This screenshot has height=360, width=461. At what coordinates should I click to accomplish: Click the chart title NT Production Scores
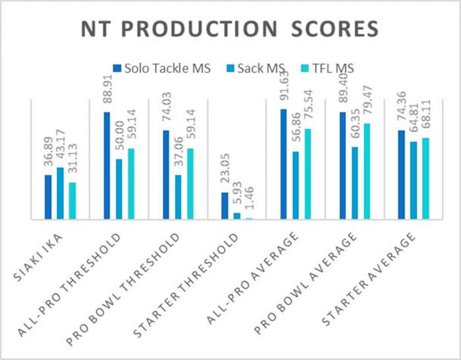(x=230, y=29)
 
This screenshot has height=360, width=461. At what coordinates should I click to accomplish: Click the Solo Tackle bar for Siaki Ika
(x=48, y=197)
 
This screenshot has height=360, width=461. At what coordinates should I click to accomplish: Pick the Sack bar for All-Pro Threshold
(x=119, y=189)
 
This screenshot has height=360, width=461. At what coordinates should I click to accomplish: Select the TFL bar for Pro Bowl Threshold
(x=190, y=184)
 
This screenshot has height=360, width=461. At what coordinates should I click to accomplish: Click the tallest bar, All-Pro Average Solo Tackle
(x=284, y=164)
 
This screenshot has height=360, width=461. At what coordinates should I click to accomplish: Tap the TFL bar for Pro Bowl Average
(x=367, y=171)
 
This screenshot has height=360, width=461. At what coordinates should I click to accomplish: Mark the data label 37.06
(x=178, y=156)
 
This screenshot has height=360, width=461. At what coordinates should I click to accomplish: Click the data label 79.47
(x=367, y=105)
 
